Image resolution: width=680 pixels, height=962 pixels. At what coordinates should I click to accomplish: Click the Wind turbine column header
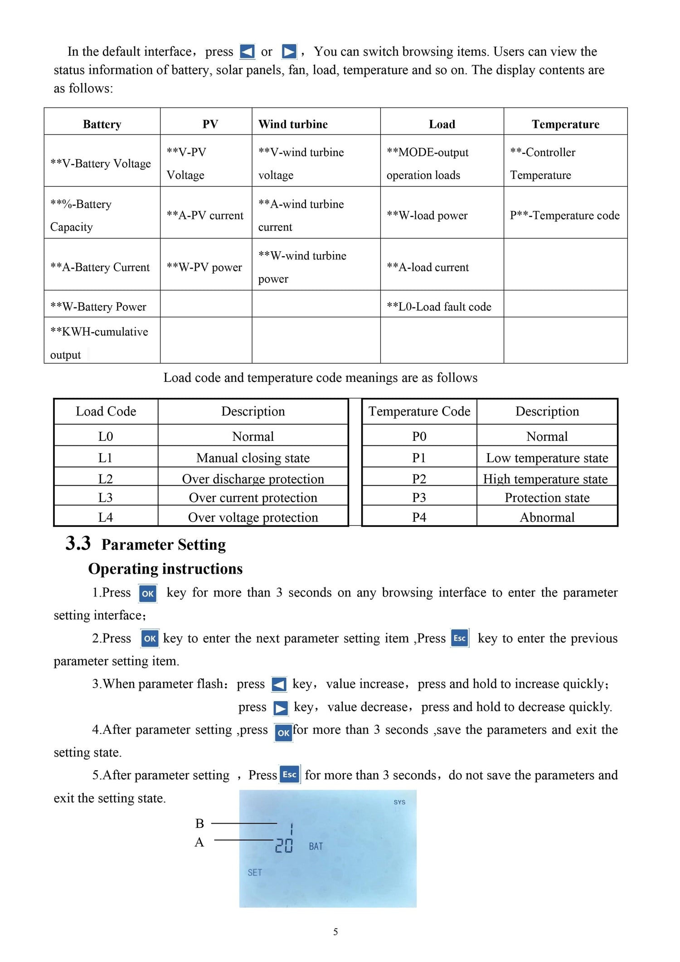click(293, 124)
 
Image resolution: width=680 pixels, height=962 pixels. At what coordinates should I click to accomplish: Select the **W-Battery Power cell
click(98, 307)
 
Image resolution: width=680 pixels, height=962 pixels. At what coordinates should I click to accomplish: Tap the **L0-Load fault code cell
click(438, 307)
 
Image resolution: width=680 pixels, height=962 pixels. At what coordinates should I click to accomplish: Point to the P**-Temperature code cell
click(564, 215)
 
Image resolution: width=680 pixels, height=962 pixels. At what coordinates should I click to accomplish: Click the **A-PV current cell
click(205, 215)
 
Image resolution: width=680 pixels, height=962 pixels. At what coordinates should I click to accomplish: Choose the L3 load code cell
click(106, 498)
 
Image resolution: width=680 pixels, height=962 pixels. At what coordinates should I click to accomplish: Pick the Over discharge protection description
click(253, 479)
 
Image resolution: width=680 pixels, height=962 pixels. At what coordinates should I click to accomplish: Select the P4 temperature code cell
click(419, 517)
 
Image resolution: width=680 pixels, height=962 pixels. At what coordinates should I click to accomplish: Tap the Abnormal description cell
click(547, 517)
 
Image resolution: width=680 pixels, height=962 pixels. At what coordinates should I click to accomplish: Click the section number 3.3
click(78, 543)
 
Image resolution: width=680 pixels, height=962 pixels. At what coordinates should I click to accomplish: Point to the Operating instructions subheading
click(165, 569)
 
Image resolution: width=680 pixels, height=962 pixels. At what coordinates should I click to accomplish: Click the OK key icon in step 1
click(148, 593)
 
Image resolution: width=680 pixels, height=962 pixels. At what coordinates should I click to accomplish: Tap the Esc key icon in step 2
click(460, 638)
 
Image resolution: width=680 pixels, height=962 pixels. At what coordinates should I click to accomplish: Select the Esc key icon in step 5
click(290, 774)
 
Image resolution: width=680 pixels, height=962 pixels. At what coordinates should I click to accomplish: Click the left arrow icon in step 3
click(279, 684)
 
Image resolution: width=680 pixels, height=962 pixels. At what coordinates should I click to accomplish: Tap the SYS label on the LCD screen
click(399, 802)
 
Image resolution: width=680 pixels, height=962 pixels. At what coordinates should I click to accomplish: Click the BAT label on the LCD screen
click(316, 846)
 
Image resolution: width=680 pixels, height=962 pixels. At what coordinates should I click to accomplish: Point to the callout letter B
click(199, 823)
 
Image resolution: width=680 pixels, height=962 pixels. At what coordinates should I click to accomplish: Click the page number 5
click(335, 932)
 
